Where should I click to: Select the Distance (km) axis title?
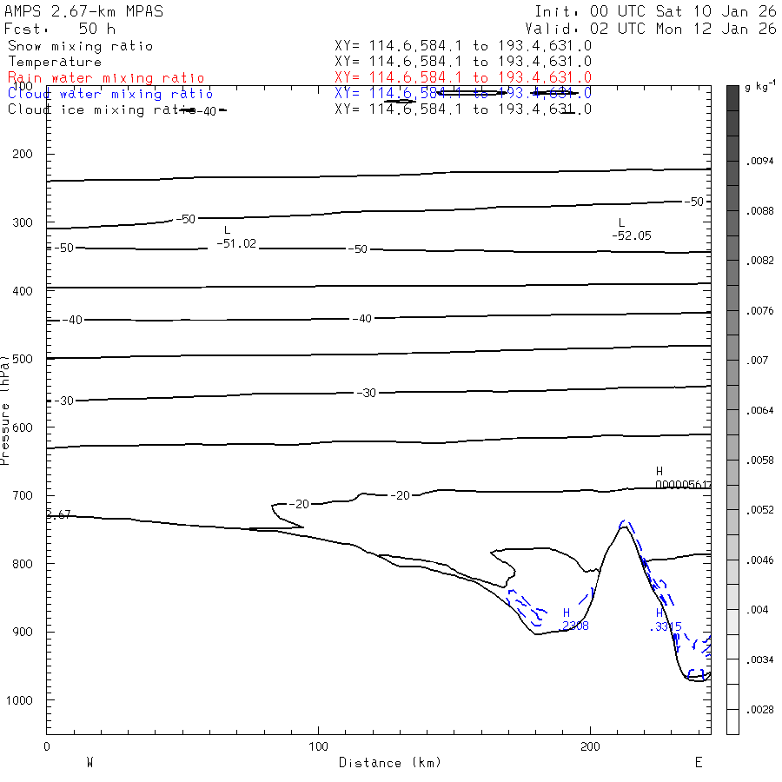click(x=389, y=763)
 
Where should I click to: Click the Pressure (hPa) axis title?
click(x=6, y=408)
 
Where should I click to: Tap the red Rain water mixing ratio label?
click(x=106, y=77)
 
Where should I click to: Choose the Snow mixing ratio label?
click(x=80, y=46)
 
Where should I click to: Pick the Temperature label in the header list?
click(x=55, y=62)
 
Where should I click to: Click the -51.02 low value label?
click(x=236, y=243)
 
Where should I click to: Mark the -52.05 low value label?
click(x=631, y=235)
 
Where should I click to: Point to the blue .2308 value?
click(x=575, y=625)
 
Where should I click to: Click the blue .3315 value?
click(x=666, y=626)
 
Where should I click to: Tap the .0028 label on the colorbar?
click(x=759, y=710)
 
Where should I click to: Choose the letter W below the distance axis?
click(x=89, y=762)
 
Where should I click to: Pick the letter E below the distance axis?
click(x=698, y=762)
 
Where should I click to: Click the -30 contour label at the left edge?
click(x=64, y=401)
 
